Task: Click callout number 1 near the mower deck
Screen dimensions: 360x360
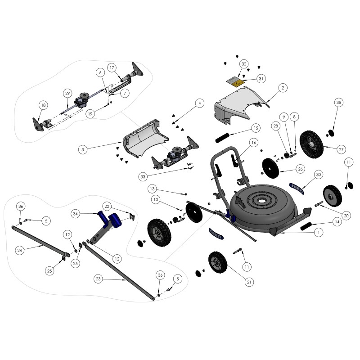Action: coord(319,233)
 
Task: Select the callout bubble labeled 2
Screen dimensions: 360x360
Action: coord(283,88)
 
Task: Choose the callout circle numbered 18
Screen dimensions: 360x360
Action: coord(43,105)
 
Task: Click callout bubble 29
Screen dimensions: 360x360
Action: coord(67,93)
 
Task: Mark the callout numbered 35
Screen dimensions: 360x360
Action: coord(338,103)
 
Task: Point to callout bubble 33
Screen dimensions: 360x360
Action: coord(143,177)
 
